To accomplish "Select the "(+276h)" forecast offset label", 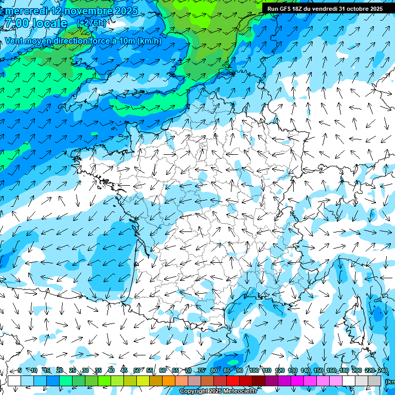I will click(x=92, y=23).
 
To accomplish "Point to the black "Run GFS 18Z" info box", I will click(x=325, y=9).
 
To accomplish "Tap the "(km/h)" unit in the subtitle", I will click(x=149, y=41).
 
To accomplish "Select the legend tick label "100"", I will click(x=254, y=370).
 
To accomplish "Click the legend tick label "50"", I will click(x=137, y=370).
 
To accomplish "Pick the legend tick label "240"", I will click(x=382, y=370).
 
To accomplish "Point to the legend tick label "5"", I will click(x=20, y=370).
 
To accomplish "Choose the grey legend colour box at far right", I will click(x=374, y=381).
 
